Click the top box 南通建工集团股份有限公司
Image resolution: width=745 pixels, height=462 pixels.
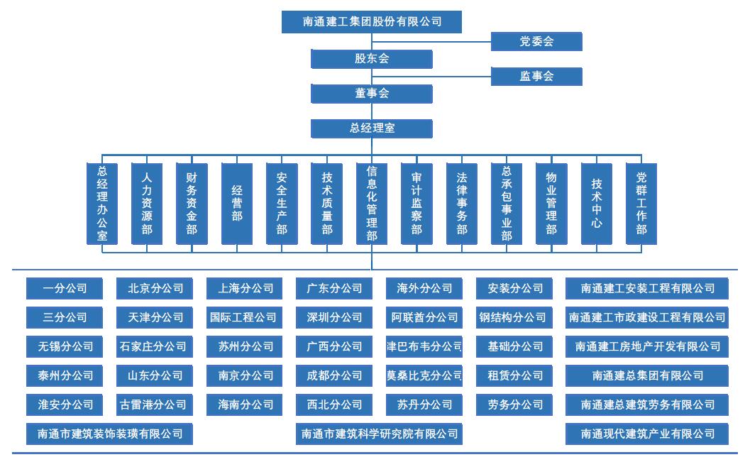[x=372, y=22]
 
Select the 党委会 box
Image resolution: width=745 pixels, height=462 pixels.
[x=536, y=42]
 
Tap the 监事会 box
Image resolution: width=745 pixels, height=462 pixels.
[x=536, y=77]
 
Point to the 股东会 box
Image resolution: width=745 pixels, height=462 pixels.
[x=372, y=59]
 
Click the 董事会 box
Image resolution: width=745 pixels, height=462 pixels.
[x=372, y=94]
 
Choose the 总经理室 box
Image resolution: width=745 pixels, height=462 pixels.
[x=372, y=128]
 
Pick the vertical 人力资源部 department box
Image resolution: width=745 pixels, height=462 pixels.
[x=147, y=204]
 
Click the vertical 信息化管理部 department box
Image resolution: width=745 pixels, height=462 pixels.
[x=372, y=204]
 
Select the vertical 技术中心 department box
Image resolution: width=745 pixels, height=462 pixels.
[x=597, y=204]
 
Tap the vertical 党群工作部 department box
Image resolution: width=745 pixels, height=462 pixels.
[x=641, y=204]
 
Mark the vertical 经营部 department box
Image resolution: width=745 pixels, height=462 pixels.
[x=237, y=204]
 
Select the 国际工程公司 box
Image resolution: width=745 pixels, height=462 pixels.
[x=243, y=317]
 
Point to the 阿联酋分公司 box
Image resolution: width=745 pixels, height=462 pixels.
[x=424, y=317]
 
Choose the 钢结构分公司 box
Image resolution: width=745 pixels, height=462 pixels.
[x=512, y=317]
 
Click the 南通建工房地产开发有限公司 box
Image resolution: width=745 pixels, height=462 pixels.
[x=647, y=346]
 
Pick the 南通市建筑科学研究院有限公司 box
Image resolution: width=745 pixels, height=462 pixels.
[x=380, y=434]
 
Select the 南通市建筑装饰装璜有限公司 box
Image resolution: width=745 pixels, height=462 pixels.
[x=109, y=434]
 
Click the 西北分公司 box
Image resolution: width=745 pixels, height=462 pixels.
[x=334, y=405]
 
